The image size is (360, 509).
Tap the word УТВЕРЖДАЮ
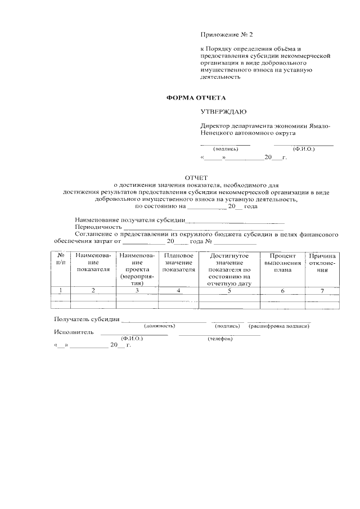click(223, 112)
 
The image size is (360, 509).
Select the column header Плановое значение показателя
click(178, 263)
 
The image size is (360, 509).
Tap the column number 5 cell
click(229, 290)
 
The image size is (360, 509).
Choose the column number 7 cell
click(322, 290)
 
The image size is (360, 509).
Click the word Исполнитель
click(74, 332)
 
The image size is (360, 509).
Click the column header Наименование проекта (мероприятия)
click(137, 269)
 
